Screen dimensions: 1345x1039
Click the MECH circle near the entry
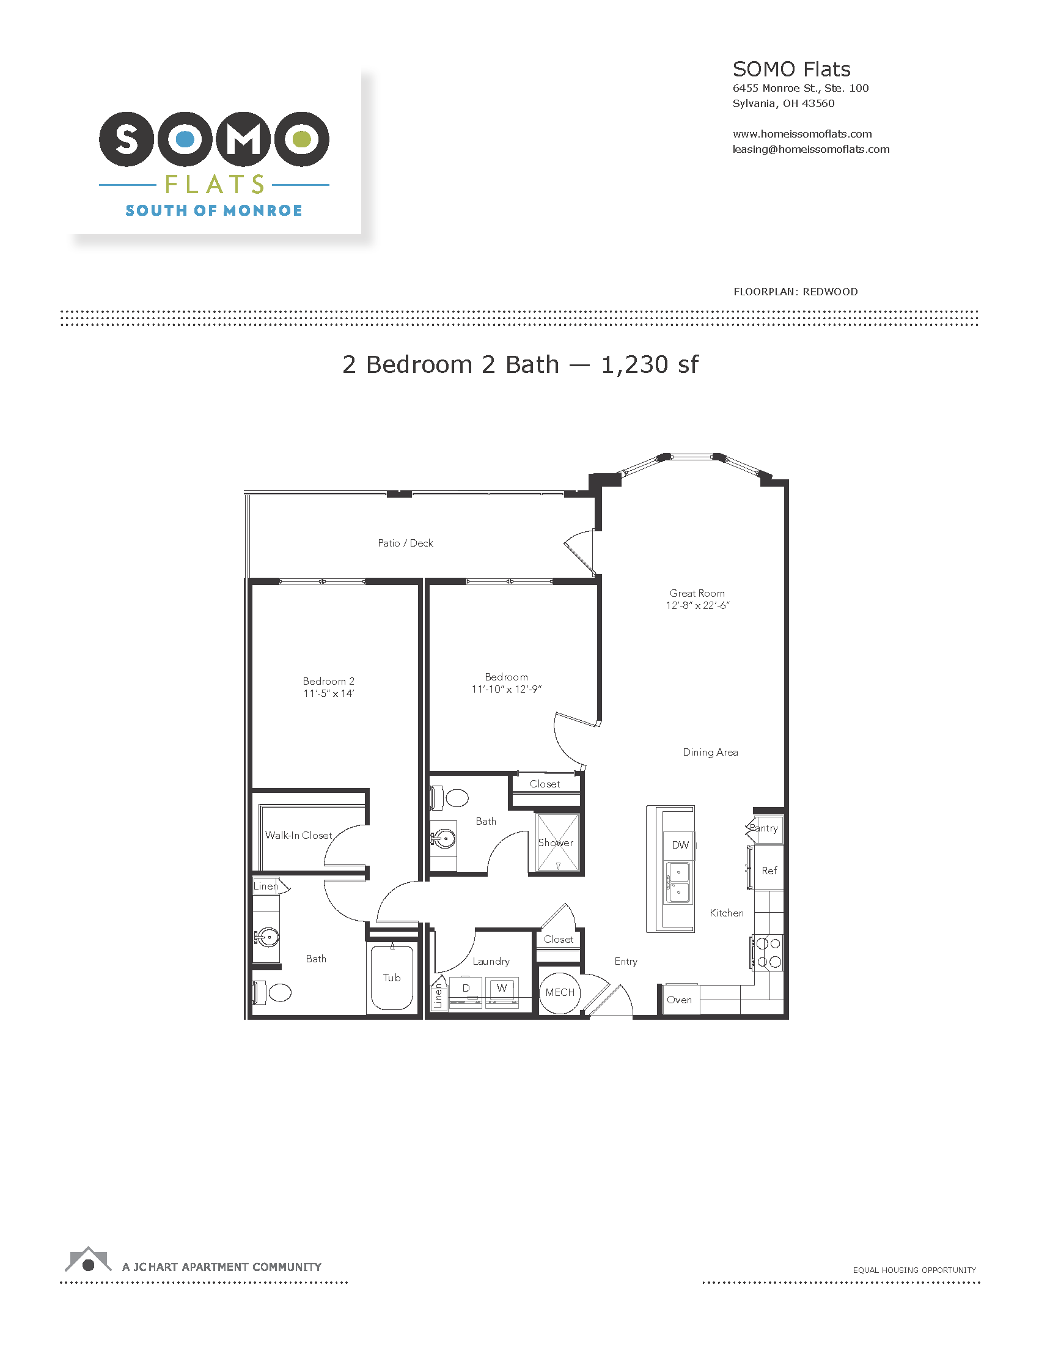[559, 992]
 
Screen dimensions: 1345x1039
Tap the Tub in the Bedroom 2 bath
[392, 978]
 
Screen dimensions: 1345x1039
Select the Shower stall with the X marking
[557, 842]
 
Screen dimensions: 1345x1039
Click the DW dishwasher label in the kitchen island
[680, 845]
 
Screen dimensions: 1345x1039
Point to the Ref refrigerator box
[769, 870]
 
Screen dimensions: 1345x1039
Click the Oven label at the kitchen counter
[679, 1000]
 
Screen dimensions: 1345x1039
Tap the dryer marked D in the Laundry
[466, 989]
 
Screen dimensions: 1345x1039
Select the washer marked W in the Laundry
[502, 989]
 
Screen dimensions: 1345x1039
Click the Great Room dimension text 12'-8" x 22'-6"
[697, 605]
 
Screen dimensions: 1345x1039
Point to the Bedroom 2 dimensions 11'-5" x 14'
[329, 693]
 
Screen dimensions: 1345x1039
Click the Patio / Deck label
[405, 543]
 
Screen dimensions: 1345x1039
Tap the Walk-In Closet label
[298, 835]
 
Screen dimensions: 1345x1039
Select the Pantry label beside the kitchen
[764, 828]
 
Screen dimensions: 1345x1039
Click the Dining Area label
[710, 752]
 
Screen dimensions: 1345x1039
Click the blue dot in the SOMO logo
[185, 139]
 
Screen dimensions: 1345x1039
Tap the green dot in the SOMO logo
[301, 139]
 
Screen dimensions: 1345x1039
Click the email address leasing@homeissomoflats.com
[810, 149]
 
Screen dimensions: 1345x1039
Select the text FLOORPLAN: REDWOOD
[795, 292]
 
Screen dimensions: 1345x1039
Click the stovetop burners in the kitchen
[768, 953]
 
